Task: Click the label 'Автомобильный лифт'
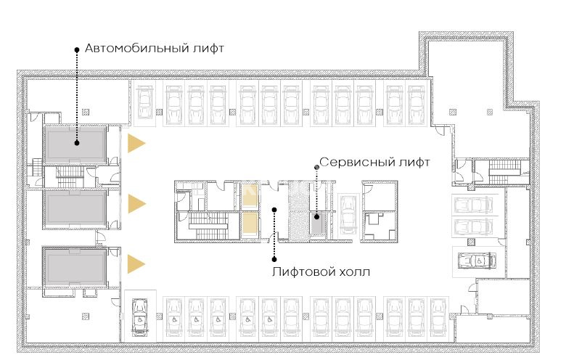[x=154, y=48]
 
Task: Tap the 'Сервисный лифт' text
[x=374, y=162]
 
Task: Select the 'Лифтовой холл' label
[x=321, y=271]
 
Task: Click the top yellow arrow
[x=136, y=143]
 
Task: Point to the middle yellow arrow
[x=136, y=204]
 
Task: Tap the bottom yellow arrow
[x=136, y=264]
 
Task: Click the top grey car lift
[x=75, y=144]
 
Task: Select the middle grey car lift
[x=75, y=209]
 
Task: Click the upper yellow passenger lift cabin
[x=250, y=196]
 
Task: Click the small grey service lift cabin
[x=316, y=224]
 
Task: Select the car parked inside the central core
[x=346, y=215]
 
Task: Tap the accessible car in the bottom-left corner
[x=139, y=316]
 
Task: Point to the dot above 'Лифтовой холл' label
[x=274, y=210]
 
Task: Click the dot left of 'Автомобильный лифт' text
[x=77, y=49]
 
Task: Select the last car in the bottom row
[x=438, y=317]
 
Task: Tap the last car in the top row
[x=417, y=104]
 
